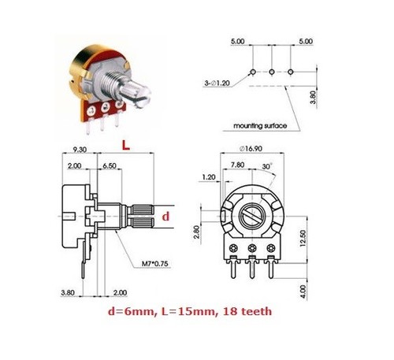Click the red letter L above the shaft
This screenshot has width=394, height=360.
pos(126,145)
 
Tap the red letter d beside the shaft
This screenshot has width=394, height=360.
pos(165,217)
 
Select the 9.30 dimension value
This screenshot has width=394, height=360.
pos(80,150)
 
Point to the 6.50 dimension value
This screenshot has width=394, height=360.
pos(110,166)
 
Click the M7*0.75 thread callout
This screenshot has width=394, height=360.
pos(155,263)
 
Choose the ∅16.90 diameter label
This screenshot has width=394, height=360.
pos(251,149)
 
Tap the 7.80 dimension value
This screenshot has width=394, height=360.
pos(237,165)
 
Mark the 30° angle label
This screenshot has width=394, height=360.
pos(267,166)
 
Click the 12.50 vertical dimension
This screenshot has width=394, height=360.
pos(303,238)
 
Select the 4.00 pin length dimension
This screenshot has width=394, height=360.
pos(303,291)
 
